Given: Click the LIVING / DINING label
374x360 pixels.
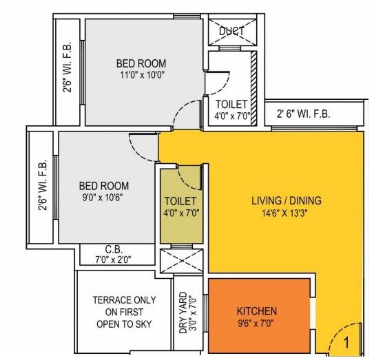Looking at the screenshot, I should (x=286, y=201).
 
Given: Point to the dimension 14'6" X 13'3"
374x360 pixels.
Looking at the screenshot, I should (x=286, y=213).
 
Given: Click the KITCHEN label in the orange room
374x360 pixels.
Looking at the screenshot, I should (x=257, y=311).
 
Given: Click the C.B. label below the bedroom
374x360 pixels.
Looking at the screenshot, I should (x=114, y=249).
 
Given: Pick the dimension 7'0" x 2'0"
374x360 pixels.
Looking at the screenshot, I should (x=114, y=260).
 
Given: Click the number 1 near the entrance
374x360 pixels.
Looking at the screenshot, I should (x=346, y=341).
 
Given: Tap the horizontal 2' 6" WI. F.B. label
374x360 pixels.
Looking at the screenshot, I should (x=303, y=114).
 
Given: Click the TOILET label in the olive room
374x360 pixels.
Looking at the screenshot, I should (x=180, y=200).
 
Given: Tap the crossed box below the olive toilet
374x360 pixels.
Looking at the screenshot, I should (x=183, y=261).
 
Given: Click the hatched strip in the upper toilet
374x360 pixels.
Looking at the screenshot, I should (x=253, y=86).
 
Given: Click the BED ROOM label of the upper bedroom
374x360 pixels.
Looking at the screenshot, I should (x=141, y=63).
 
